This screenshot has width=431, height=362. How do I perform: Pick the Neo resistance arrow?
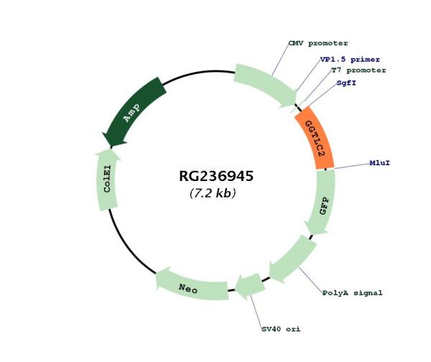tap(187, 287)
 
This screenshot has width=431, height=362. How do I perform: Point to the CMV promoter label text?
tap(318, 43)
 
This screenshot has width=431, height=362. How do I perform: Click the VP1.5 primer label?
tap(350, 59)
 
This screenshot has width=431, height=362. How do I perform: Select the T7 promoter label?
tap(358, 70)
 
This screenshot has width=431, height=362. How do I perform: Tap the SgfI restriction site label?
tap(348, 83)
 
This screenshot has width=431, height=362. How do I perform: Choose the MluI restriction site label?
tap(380, 163)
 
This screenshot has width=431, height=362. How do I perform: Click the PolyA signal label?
tap(352, 293)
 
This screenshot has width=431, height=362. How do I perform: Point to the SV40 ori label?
tap(280, 329)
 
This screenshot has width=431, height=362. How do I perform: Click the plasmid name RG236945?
tap(215, 176)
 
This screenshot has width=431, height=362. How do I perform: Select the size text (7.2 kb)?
tap(213, 193)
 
